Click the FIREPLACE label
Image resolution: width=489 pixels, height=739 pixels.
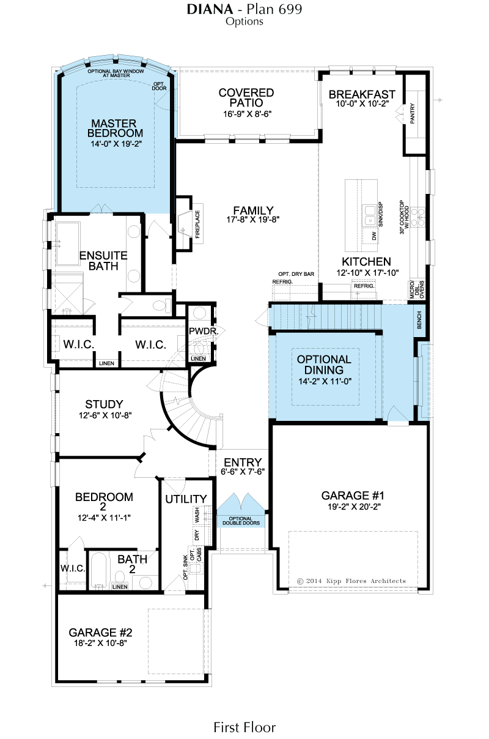[x=197, y=225]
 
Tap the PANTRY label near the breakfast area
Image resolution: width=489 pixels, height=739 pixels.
[x=412, y=114]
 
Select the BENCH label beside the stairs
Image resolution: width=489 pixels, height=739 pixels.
[x=419, y=320]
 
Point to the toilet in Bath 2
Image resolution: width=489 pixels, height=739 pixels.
[x=119, y=577]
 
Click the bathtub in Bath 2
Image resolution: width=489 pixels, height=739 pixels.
[x=98, y=571]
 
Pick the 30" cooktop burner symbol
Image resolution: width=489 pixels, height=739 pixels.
[x=417, y=217]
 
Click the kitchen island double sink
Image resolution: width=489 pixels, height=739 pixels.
[x=370, y=215]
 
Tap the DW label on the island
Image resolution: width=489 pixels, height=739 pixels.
[x=374, y=236]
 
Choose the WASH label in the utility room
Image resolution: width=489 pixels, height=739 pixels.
[x=197, y=514]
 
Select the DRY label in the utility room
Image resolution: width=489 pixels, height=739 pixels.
[x=197, y=535]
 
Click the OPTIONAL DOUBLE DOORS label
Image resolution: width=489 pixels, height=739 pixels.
[x=241, y=521]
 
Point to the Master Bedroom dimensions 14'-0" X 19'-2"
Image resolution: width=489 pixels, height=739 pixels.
[x=116, y=144]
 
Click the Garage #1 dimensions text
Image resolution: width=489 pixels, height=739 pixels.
[x=354, y=507]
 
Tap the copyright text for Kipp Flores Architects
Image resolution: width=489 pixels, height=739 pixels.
[x=351, y=581]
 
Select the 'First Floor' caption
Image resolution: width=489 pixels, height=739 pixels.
[x=244, y=727]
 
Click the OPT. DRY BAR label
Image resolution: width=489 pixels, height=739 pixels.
[x=296, y=274]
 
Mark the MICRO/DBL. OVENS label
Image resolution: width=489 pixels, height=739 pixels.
[x=417, y=289]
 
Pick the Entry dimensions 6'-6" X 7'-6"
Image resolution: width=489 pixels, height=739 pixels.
[x=243, y=472]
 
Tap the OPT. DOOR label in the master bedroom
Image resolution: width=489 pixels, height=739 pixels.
[x=160, y=86]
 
